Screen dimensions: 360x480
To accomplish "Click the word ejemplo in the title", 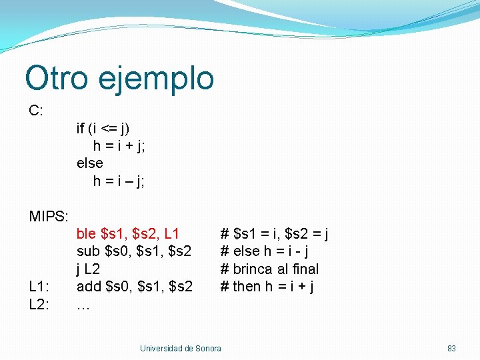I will coord(155,79).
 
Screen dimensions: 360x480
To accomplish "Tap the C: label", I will coord(36,111).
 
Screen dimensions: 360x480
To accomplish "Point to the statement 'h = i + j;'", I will coord(119,146).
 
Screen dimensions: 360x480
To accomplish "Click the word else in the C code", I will coord(90,163).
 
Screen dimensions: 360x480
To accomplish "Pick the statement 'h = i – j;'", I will coord(119,181).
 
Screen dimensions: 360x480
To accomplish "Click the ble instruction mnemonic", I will coord(87,234).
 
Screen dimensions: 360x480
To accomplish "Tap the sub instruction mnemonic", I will coord(88,251).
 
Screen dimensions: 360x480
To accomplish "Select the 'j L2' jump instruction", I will coord(89,269).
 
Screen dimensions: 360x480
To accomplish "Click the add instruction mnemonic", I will coord(88,287).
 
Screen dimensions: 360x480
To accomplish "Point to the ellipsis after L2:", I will coord(83,305).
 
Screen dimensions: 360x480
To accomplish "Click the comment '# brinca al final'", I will coord(269,269).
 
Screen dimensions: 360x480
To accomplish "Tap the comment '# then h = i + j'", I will coord(267,287).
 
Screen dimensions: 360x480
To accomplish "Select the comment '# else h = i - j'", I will coord(264,251).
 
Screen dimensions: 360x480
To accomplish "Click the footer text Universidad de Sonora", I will coord(180,349).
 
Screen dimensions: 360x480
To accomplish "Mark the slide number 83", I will coord(451,349).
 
